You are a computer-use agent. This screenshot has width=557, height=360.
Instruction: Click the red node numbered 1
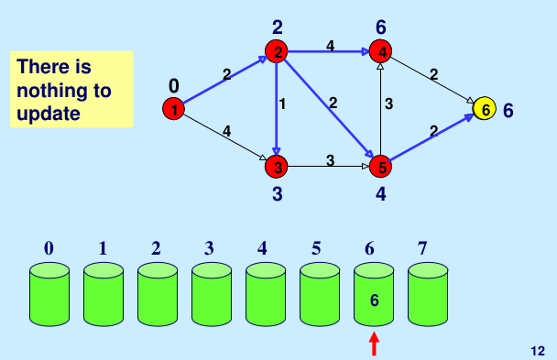pyautogui.click(x=172, y=110)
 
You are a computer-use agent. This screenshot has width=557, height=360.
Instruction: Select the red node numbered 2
pyautogui.click(x=276, y=50)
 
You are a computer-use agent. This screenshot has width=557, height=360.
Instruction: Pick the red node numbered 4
pyautogui.click(x=380, y=50)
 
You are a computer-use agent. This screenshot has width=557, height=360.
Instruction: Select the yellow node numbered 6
pyautogui.click(x=485, y=109)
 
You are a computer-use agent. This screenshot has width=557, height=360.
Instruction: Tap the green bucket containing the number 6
pyautogui.click(x=374, y=295)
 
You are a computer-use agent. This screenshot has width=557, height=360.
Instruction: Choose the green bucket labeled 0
pyautogui.click(x=49, y=295)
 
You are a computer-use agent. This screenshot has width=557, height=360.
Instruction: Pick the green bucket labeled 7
pyautogui.click(x=428, y=295)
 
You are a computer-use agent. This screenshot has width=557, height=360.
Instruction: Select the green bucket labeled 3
pyautogui.click(x=212, y=295)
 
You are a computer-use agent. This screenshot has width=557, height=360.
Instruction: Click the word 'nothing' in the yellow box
pyautogui.click(x=64, y=92)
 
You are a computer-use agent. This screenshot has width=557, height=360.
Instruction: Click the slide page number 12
pyautogui.click(x=538, y=351)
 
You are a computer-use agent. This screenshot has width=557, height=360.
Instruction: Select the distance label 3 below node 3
pyautogui.click(x=276, y=193)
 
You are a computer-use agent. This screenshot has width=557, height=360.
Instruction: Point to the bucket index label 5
pyautogui.click(x=316, y=247)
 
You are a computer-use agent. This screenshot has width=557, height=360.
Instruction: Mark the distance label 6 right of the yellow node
pyautogui.click(x=508, y=110)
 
